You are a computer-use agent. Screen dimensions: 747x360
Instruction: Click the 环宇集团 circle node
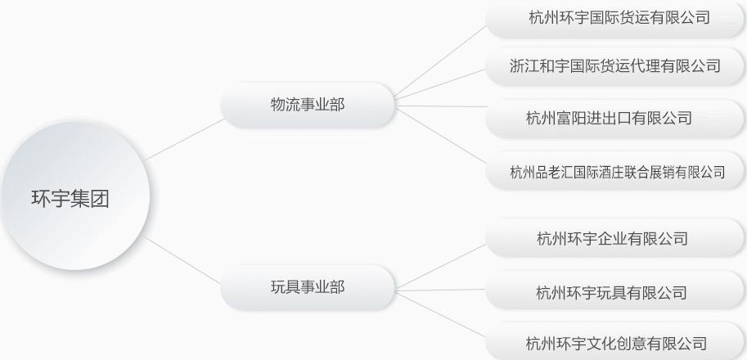click(x=75, y=196)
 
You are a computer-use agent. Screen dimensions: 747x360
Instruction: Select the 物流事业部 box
click(x=308, y=105)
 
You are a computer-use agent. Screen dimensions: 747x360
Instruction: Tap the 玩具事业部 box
click(x=308, y=288)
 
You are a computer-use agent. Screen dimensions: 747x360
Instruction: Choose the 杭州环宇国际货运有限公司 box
click(x=615, y=18)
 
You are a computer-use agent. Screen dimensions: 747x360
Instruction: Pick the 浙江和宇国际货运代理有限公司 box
click(x=615, y=65)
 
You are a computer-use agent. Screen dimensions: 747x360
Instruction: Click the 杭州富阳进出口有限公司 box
click(x=615, y=119)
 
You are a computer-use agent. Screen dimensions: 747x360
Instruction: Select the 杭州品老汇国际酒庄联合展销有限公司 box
click(x=615, y=170)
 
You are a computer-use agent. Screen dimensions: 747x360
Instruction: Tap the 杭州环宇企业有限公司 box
click(x=615, y=237)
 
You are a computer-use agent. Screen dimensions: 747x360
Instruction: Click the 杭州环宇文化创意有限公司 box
click(x=615, y=342)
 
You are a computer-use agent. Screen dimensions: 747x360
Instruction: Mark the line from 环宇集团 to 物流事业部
click(x=184, y=140)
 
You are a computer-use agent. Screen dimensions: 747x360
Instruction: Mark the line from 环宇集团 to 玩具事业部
click(x=182, y=260)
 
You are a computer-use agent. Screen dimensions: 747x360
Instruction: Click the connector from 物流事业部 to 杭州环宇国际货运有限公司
click(x=440, y=61)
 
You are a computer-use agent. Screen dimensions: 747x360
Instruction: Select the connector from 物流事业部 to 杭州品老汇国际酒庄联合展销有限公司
click(x=441, y=136)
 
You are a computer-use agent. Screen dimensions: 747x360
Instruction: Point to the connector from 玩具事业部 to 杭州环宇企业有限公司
click(x=440, y=266)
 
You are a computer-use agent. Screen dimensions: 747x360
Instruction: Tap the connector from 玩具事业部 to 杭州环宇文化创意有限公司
click(x=441, y=315)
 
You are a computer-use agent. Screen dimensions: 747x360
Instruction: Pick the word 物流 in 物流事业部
click(x=286, y=105)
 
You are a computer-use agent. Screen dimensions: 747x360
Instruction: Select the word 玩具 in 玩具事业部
click(x=286, y=287)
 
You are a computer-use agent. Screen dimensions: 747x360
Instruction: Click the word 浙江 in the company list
click(x=525, y=65)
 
